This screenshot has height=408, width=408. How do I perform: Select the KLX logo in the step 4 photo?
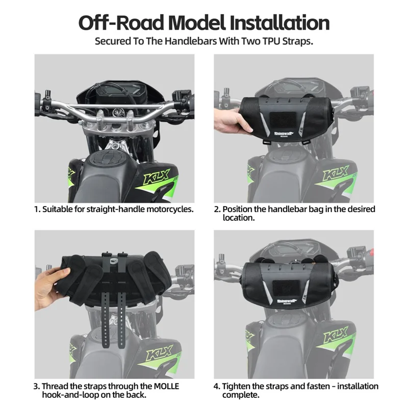tap(338, 343)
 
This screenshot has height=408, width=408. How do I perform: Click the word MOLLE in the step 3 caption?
tap(163, 386)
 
